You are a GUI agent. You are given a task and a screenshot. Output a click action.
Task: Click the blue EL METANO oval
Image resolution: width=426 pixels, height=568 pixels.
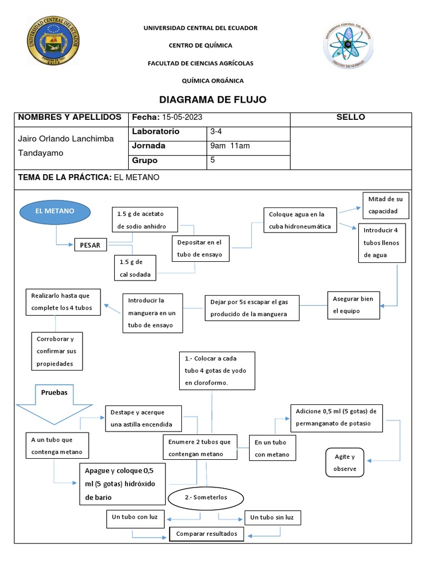coord(55,212)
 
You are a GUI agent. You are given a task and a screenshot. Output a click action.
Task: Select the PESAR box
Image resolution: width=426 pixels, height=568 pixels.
coord(90,245)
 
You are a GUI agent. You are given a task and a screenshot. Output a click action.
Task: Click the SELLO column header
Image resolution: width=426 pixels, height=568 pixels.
coord(351,118)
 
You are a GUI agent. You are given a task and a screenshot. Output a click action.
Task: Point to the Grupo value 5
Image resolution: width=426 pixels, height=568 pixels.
coord(212,160)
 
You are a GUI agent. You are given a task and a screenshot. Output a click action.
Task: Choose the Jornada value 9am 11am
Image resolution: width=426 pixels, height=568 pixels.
coord(230,146)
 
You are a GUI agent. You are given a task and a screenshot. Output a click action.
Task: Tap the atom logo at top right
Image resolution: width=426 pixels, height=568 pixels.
coord(348,47)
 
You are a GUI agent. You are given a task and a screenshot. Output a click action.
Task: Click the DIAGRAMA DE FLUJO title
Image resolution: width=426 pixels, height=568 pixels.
coord(213,100)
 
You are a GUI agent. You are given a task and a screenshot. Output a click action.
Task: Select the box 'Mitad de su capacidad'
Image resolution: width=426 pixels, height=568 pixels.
coord(387,205)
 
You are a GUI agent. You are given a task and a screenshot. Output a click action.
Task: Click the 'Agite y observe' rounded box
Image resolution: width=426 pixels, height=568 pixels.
coord(344,463)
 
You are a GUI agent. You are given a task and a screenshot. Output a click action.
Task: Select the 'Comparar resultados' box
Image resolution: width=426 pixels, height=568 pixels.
coord(206,534)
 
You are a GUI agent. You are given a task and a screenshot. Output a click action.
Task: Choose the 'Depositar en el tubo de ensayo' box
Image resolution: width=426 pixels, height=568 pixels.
coord(200,248)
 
